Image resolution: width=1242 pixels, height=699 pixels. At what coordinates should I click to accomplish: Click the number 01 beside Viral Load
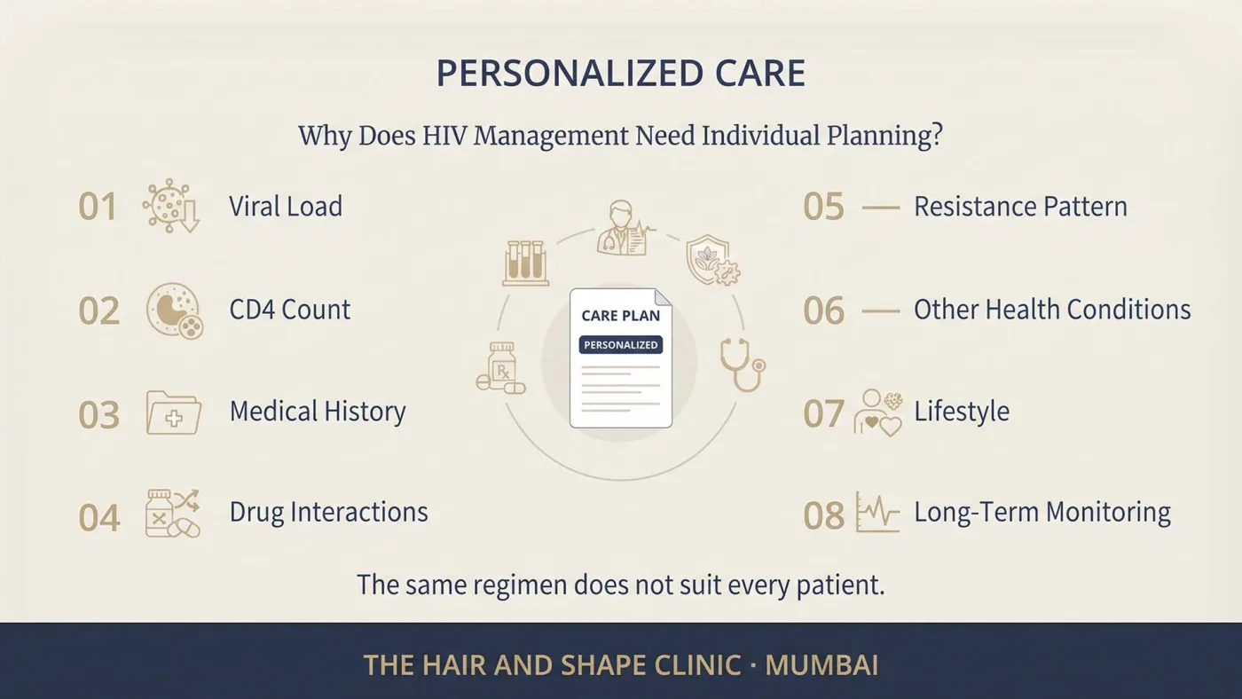click(x=98, y=207)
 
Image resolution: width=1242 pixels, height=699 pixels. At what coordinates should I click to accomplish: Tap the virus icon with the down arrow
click(x=170, y=206)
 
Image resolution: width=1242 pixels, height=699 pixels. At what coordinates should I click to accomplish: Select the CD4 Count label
click(x=290, y=310)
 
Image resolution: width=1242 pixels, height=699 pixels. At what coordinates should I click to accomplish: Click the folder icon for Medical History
click(x=174, y=413)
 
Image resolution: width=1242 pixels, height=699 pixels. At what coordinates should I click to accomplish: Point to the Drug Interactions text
click(x=329, y=512)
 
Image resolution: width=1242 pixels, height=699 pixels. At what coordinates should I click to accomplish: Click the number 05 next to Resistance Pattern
click(x=823, y=207)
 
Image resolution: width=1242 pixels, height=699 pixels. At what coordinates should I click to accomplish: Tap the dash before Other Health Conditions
click(x=880, y=311)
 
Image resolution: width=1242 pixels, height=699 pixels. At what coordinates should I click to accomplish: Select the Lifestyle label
click(x=962, y=412)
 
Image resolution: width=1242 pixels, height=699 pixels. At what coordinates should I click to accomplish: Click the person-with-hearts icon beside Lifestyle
click(x=878, y=413)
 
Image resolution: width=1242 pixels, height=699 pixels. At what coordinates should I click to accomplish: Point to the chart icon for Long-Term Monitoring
click(x=877, y=512)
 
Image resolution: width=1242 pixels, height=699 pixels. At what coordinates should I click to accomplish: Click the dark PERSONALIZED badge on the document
click(x=620, y=345)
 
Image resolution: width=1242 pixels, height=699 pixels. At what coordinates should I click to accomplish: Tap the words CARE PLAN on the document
click(x=620, y=316)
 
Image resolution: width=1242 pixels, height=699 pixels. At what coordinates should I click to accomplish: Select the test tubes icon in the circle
click(x=525, y=263)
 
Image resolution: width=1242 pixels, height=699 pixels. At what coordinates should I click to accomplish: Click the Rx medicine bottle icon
click(x=501, y=368)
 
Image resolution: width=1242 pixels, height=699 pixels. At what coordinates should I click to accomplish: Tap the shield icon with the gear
click(x=712, y=260)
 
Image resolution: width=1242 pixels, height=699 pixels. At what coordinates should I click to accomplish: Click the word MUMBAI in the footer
click(x=821, y=665)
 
